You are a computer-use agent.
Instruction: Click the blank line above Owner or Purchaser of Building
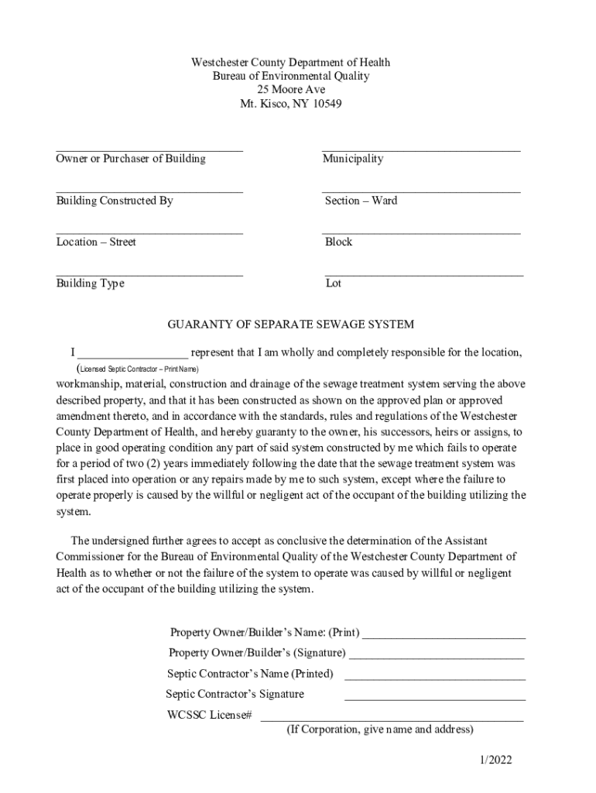pos(149,148)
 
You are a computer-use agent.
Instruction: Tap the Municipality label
pos(352,159)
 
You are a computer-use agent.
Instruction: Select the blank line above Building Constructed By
pos(149,190)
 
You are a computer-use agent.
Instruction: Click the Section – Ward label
pos(361,201)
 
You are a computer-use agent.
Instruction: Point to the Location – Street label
pos(96,242)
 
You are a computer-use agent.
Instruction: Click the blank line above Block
pos(421,232)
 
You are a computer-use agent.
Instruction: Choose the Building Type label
pos(90,283)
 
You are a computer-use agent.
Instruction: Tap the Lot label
pos(334,283)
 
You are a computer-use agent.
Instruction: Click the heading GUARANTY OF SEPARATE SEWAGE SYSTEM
pos(291,324)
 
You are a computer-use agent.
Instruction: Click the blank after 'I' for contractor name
pos(132,355)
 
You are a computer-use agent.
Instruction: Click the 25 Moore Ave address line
pos(291,90)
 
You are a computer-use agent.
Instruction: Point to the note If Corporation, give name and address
pos(379,730)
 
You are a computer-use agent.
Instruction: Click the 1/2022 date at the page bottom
pos(494,760)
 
